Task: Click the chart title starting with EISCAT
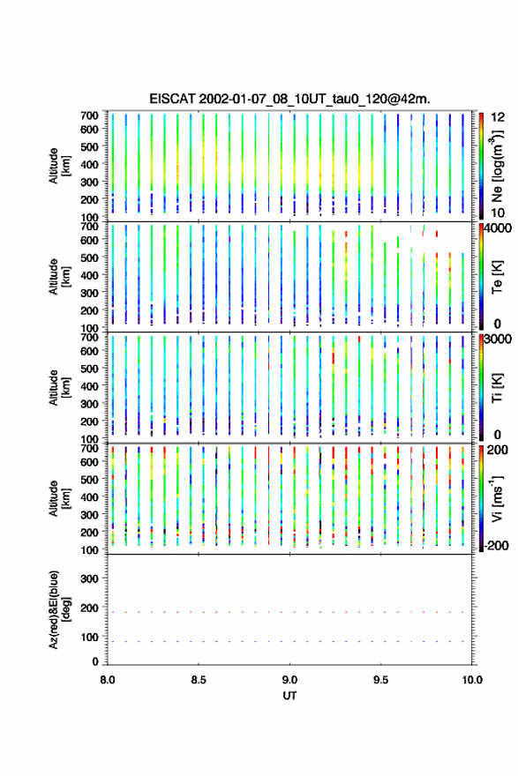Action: pos(289,99)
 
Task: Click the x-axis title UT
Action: pos(289,696)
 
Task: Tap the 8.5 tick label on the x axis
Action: pos(199,680)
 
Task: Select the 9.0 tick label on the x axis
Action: pos(289,680)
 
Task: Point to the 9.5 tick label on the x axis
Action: pos(381,680)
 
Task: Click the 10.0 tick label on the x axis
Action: pos(472,680)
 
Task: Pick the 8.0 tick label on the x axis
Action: pos(108,680)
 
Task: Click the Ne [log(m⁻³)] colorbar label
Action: pos(499,166)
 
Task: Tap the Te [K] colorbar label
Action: pos(497,277)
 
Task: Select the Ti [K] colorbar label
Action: pos(497,388)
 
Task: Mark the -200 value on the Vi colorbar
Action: pos(497,545)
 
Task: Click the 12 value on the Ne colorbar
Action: pos(498,117)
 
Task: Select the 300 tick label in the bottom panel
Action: pos(89,578)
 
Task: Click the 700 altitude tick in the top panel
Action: pos(89,116)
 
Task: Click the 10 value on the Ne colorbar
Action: pos(498,213)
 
